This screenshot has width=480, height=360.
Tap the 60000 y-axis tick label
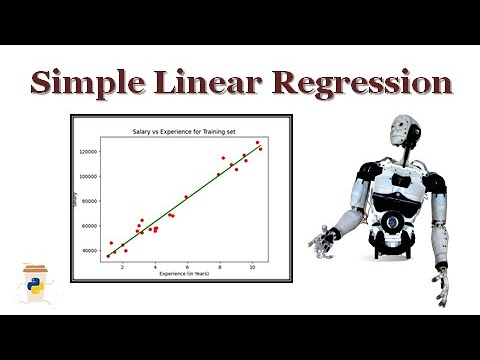93,226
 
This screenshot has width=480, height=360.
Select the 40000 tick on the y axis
93,251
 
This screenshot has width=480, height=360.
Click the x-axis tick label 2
122,268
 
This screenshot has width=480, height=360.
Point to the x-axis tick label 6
187,268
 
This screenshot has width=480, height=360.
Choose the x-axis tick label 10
252,268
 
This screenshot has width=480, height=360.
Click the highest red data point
257,143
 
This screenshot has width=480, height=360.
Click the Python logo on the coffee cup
32,287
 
